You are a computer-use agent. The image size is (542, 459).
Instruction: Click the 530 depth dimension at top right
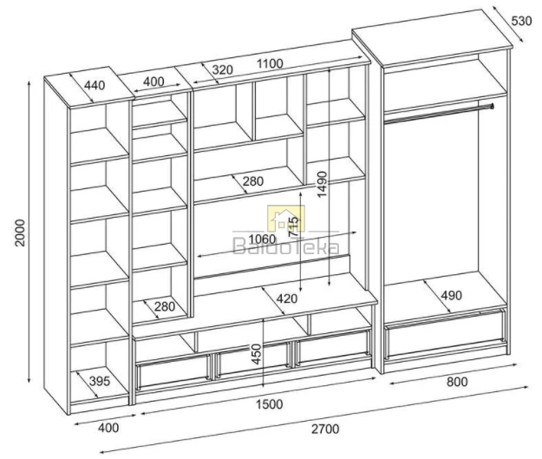click(x=521, y=21)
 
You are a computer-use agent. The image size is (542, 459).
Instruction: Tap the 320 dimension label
click(x=222, y=69)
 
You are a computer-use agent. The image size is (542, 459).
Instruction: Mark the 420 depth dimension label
click(x=287, y=298)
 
